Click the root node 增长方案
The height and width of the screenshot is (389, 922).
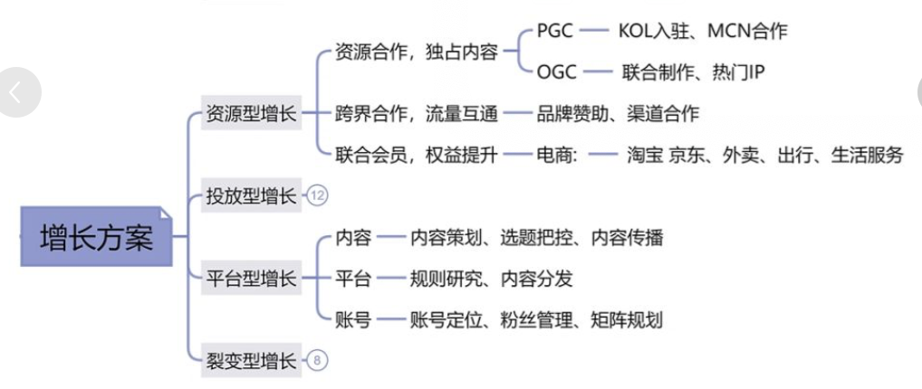(x=96, y=236)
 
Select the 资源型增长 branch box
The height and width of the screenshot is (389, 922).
(x=251, y=113)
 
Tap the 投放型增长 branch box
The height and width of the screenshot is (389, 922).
(x=251, y=195)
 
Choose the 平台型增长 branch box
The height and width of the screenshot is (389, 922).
(x=251, y=278)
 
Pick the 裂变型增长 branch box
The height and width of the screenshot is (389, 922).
(x=251, y=360)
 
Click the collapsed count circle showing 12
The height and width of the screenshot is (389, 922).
(x=317, y=195)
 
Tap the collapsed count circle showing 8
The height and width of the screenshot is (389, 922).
(x=317, y=360)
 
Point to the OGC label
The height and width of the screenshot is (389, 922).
(x=556, y=72)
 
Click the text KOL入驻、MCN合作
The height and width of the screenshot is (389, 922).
(x=703, y=31)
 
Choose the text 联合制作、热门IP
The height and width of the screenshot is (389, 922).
(x=694, y=72)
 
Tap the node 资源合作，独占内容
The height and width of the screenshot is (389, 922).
(x=417, y=52)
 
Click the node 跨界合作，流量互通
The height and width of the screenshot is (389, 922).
(x=417, y=113)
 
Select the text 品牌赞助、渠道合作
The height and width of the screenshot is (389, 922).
(x=618, y=113)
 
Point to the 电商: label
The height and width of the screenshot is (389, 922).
(x=557, y=155)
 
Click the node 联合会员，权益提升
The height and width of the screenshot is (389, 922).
(x=417, y=155)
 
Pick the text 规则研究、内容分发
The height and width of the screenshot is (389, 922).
(x=491, y=279)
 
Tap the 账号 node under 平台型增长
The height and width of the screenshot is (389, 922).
(x=353, y=319)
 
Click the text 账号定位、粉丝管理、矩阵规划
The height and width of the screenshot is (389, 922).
(x=536, y=319)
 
